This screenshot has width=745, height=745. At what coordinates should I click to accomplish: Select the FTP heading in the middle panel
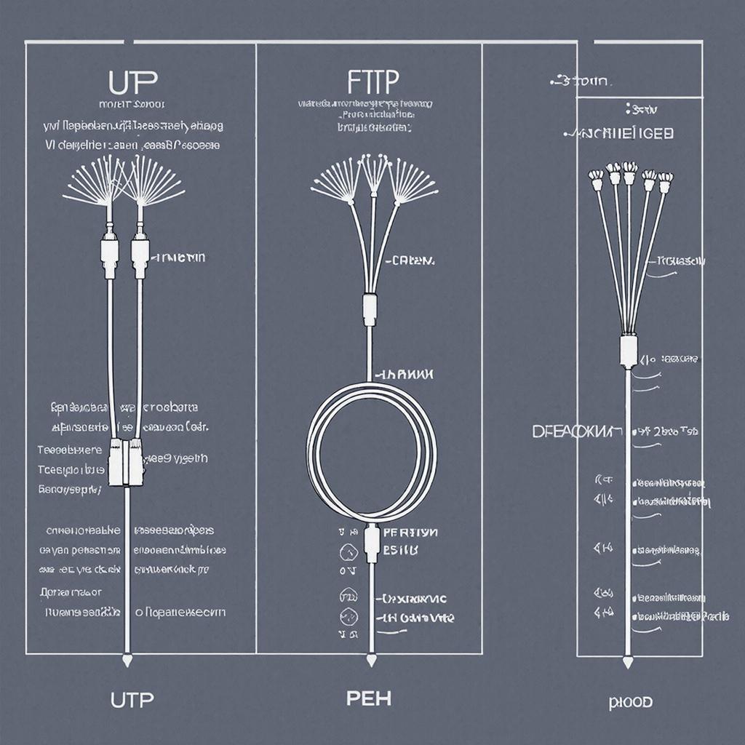(x=373, y=82)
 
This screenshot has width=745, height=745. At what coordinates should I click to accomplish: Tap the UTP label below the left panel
(x=132, y=700)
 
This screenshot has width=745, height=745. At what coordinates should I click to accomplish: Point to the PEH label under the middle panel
(x=368, y=698)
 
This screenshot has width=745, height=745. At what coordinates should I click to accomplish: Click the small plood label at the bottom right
(x=631, y=702)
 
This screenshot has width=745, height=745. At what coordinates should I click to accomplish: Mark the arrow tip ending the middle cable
(x=371, y=661)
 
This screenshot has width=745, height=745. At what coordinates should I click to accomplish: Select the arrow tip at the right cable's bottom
(x=628, y=662)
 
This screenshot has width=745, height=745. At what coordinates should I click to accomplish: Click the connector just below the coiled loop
(x=371, y=542)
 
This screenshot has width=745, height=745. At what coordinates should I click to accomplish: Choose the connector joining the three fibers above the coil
(x=370, y=308)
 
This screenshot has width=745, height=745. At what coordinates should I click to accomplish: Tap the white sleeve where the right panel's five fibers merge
(x=627, y=350)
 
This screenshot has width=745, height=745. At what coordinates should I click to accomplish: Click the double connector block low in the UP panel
(x=126, y=463)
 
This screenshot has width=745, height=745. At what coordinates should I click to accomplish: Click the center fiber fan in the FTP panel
(x=375, y=171)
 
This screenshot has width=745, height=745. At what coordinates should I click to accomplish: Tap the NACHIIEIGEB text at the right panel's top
(x=619, y=134)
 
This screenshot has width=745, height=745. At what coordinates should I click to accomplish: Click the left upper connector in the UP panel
(x=110, y=255)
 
